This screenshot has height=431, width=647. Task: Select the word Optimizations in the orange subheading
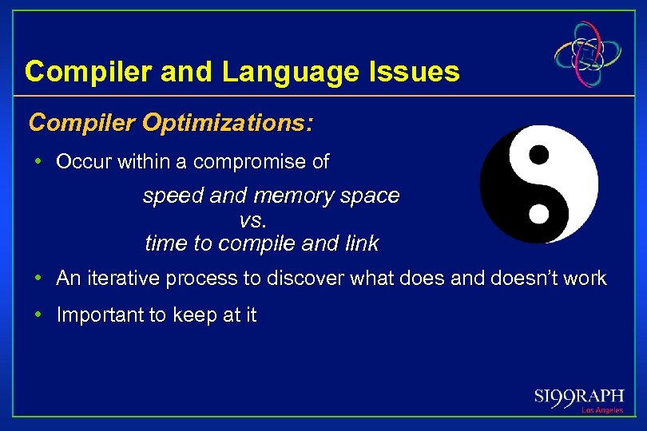(x=228, y=123)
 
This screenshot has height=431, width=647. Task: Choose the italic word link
(x=362, y=243)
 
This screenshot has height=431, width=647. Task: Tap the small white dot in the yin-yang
(x=539, y=213)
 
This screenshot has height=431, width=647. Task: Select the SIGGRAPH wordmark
(x=579, y=397)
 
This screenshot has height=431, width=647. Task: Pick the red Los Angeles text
(x=601, y=410)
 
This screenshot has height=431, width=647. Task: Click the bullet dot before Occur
(x=39, y=162)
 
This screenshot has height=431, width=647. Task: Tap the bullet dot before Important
(x=39, y=315)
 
